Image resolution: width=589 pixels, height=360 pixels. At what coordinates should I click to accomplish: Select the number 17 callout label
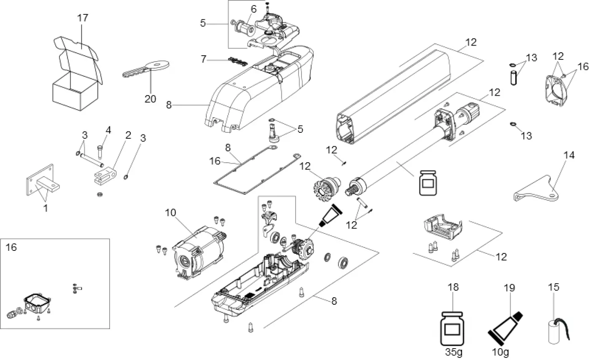coord(83,18)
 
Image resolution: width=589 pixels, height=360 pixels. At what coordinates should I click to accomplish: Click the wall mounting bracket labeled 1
coord(41,182)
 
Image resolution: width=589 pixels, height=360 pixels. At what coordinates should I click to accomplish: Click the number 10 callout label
coord(170,213)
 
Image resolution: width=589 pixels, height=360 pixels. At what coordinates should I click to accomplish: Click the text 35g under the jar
coord(454,351)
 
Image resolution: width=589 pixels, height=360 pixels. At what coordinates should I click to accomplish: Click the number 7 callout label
coord(204,59)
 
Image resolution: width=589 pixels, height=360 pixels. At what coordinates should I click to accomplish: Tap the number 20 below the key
coord(150,99)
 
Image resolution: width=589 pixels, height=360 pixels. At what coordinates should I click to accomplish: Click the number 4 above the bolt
coord(108,130)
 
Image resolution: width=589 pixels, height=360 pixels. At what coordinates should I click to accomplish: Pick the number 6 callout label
coord(253,9)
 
